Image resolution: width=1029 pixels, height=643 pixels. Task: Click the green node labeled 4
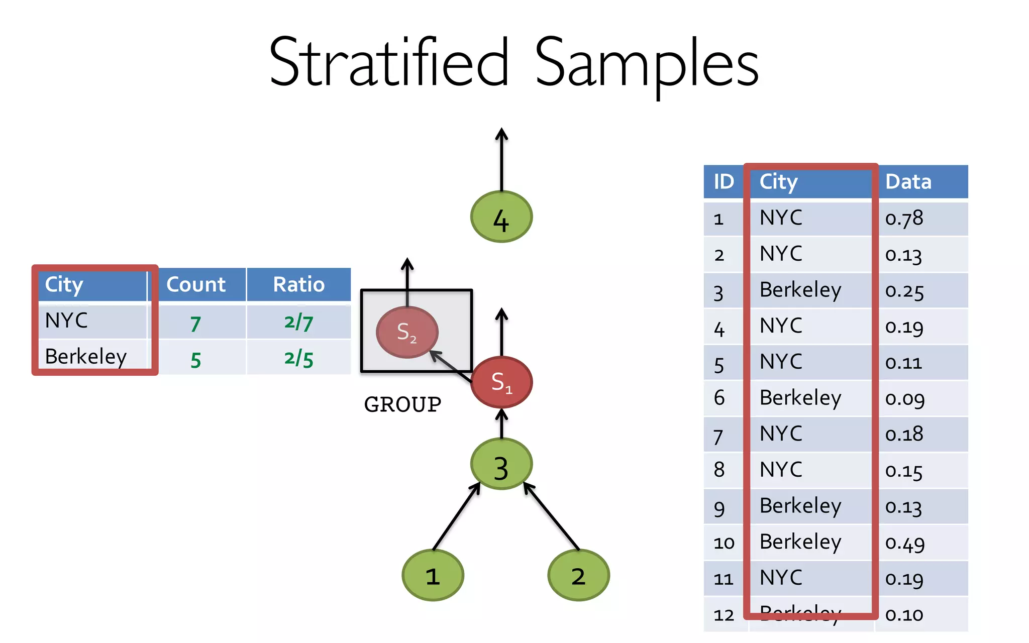[x=501, y=217]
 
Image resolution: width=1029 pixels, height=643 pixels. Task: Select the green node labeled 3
[x=501, y=464]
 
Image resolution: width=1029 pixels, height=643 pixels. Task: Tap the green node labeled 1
[x=433, y=575]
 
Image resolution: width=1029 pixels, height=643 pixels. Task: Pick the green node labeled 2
[x=578, y=575]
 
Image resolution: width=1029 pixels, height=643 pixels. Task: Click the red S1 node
[x=501, y=382]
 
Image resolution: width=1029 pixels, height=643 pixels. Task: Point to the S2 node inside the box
[x=407, y=332]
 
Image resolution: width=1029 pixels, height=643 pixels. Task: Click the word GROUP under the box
[x=402, y=404]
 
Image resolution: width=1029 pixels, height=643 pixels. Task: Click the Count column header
[x=196, y=285]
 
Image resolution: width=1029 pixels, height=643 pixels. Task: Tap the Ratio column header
[x=299, y=285]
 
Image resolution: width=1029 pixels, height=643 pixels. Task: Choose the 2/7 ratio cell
[x=299, y=322]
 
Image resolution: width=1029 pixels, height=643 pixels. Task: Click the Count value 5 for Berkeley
[x=196, y=360]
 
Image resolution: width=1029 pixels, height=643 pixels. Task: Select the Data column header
[x=908, y=182]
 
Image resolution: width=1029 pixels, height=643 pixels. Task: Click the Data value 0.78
[x=904, y=219]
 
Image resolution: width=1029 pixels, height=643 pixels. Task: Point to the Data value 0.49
[x=905, y=543]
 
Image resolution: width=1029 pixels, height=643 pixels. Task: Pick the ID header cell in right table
[x=724, y=182]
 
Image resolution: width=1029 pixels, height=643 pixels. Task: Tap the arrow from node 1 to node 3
[x=456, y=516]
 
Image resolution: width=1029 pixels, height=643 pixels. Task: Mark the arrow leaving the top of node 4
[x=501, y=158]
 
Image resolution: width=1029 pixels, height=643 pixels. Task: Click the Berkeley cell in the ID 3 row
[x=800, y=290]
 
